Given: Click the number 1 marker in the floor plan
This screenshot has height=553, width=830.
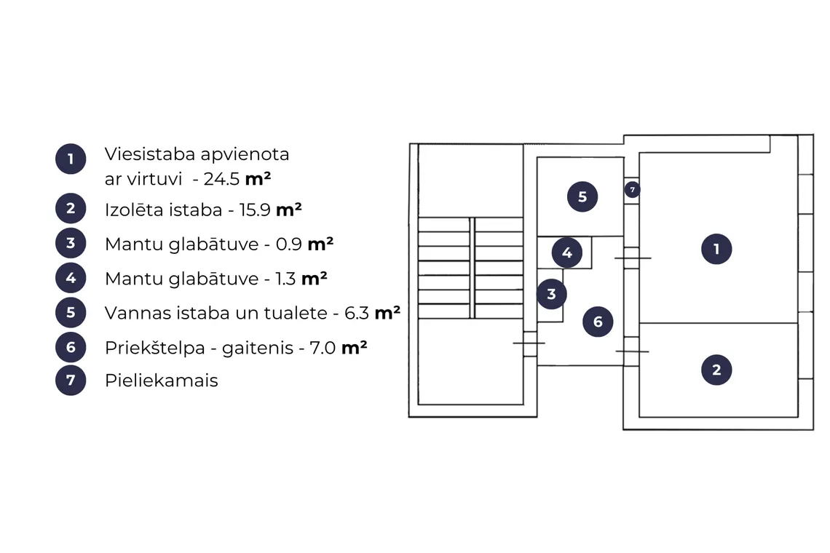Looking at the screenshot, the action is point(716,249).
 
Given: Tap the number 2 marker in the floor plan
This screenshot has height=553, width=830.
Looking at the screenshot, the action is point(716,370).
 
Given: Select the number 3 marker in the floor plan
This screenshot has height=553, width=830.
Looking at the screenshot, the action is point(551,294).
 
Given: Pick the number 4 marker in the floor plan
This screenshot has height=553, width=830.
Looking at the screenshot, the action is point(567,252).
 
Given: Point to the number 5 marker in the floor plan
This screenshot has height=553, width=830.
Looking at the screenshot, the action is point(582,196).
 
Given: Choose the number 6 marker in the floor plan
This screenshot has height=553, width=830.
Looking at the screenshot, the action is point(598,321).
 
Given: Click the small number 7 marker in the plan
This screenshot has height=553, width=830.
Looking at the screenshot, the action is point(632,189).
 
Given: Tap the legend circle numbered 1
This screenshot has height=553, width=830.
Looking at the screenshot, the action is point(71,159).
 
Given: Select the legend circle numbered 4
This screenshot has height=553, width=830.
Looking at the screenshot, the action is point(71,278).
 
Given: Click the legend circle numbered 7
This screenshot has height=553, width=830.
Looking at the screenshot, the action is point(71,380).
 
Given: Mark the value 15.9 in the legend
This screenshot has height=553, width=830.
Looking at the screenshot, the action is point(255,210).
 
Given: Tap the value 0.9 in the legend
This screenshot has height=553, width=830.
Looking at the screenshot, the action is point(289,244).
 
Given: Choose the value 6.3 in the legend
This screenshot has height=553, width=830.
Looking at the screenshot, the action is point(357,313).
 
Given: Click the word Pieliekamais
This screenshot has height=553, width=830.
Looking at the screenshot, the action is point(162,380).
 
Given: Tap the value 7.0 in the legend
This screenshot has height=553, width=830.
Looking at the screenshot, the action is point(323,348).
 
